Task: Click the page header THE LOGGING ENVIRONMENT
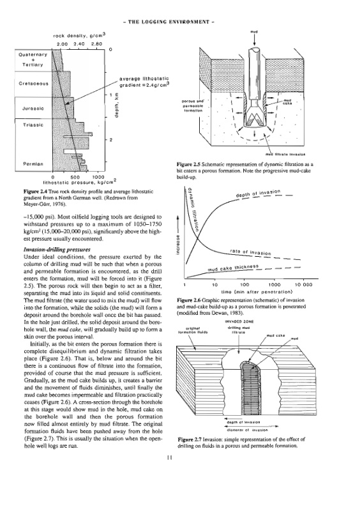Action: coord(169,22)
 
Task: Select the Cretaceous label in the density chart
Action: coord(34,84)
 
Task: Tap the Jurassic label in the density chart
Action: coord(33,109)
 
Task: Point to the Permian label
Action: coord(33,164)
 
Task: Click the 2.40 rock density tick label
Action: coord(79,44)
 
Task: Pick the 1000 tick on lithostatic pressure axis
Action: coord(99,178)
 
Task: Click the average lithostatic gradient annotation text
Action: coord(144,81)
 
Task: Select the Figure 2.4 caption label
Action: coord(36,192)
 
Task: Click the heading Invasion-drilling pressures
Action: coord(57,250)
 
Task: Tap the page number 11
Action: coord(169,457)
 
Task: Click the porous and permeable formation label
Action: coord(193,106)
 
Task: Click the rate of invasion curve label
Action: coord(250,252)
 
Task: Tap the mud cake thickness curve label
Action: coord(233,268)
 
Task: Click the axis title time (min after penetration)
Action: coord(257,291)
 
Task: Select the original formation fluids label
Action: coord(193,330)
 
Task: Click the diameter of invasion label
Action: coord(246,430)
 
